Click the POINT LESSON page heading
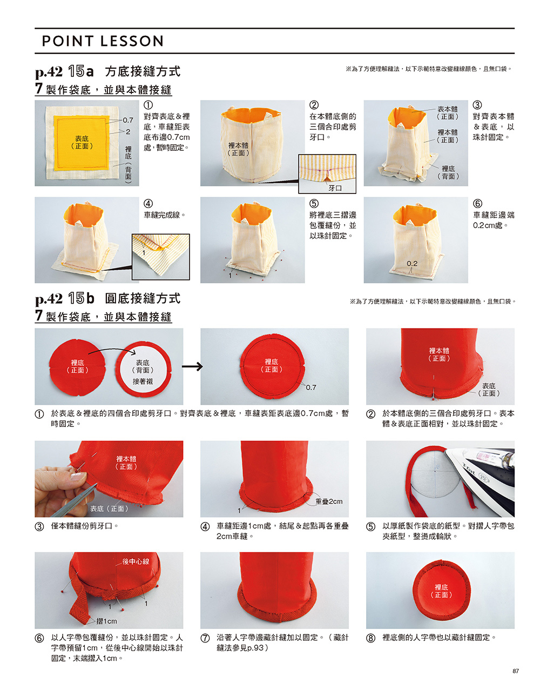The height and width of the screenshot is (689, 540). pos(103,41)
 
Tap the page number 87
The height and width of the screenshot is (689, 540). pos(515,671)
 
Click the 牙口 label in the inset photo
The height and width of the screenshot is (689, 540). pos(335,188)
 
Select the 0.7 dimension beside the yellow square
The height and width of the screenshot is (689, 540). pos(128,120)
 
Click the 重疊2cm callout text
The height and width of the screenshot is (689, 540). pos(329,501)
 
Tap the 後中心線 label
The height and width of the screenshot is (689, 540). pos(136,561)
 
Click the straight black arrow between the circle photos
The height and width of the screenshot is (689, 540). pos(192,366)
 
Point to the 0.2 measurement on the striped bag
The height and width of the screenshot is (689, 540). pos(411,263)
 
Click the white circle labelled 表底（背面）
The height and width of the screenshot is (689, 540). pos(143,370)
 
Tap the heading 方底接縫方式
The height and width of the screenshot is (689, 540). pos(143,71)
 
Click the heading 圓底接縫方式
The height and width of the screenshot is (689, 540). pos(143,298)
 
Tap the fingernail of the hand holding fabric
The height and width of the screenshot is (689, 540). pos(78,476)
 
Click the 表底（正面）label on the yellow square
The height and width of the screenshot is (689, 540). pos(82,142)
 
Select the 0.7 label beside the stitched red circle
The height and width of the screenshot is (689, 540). pos(310,387)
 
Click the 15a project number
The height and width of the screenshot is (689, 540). pos(81,71)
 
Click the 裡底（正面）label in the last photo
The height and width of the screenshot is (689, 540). pos(441,591)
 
